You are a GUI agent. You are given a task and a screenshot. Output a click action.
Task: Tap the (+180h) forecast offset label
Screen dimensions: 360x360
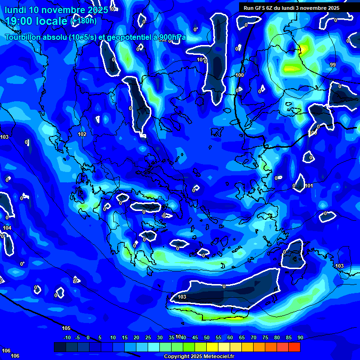[x=83, y=21]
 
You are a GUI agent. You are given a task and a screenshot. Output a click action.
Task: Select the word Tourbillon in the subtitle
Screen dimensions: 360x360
[x=24, y=37]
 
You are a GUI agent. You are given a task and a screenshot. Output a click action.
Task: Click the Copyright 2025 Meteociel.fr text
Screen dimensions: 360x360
[x=198, y=357]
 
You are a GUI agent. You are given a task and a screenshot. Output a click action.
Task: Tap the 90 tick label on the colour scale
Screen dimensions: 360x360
[x=300, y=337]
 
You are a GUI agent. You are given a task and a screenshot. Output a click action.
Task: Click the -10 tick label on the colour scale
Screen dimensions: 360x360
[x=67, y=337]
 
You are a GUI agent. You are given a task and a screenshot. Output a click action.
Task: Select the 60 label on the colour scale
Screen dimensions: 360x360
[x=230, y=337]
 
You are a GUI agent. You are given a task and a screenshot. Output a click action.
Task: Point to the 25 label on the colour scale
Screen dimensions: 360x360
[x=148, y=337]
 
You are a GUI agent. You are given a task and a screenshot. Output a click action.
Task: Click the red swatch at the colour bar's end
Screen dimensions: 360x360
[x=294, y=347]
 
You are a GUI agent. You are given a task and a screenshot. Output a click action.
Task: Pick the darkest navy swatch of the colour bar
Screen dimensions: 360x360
[x=60, y=347]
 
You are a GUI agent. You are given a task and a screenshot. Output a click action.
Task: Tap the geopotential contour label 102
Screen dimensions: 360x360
[x=82, y=135]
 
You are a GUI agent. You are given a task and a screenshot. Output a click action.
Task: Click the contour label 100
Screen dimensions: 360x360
[x=240, y=75]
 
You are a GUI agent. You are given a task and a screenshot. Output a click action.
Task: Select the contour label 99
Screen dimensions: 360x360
[x=332, y=65]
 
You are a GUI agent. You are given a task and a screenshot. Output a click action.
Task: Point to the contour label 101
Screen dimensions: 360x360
[x=309, y=186]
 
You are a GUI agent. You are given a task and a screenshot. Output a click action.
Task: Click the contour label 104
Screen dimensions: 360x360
[x=7, y=228]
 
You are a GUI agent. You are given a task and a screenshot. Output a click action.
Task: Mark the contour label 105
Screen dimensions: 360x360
[x=66, y=328]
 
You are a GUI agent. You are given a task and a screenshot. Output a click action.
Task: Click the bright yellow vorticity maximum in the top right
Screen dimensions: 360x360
[x=304, y=48]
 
